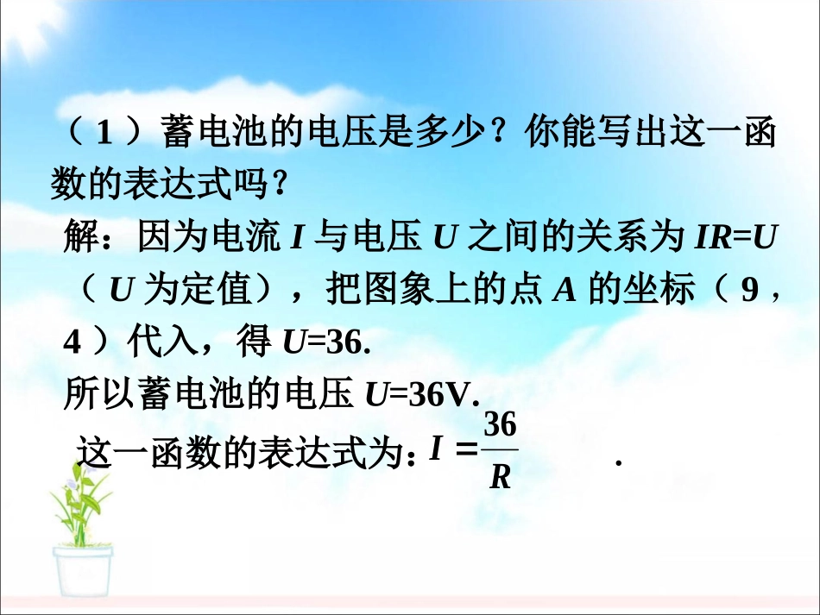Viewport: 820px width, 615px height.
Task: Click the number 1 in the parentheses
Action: (x=104, y=135)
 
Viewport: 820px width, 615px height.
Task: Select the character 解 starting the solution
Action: (x=83, y=236)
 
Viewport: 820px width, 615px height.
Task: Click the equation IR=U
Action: (x=732, y=236)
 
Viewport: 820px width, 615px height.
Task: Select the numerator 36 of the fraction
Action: (x=500, y=425)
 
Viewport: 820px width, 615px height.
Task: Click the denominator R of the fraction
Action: (x=500, y=476)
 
